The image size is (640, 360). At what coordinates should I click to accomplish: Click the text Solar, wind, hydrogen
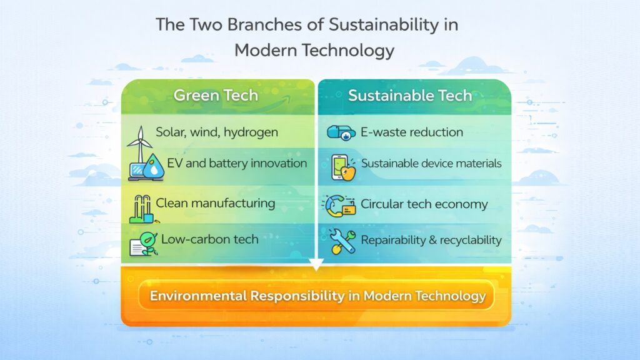(217, 132)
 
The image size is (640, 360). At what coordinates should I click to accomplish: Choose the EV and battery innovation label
(237, 163)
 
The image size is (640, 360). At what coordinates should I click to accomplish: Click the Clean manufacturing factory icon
(142, 209)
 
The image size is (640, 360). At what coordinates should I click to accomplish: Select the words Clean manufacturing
(215, 202)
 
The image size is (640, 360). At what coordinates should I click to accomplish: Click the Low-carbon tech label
(209, 239)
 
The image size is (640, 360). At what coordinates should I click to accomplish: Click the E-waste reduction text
(412, 132)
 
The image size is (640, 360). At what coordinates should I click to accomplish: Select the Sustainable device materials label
(431, 164)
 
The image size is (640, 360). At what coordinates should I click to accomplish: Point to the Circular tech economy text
(424, 204)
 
